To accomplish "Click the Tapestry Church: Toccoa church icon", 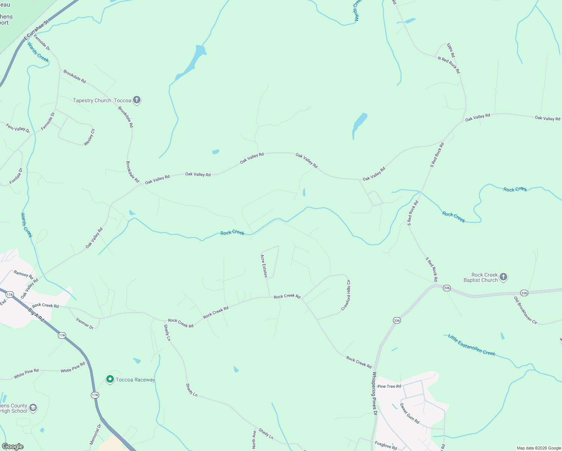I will point(137,100).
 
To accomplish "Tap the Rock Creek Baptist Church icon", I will point(503,277).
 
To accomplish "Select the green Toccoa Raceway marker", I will point(110,380).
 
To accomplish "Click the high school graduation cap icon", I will point(33,408).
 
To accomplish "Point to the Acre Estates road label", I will point(264,266).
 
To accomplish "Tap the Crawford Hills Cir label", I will point(346,295).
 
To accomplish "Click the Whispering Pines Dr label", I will point(374,393).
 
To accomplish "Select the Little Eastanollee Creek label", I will point(471,345).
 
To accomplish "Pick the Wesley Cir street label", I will point(89,137).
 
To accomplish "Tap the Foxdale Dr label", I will point(16,176).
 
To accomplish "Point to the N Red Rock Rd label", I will point(449,65).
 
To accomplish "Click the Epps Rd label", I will point(451,50).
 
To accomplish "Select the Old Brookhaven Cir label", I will point(526,310).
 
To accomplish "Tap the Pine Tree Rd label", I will point(389,386).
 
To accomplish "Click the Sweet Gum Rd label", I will point(409,413).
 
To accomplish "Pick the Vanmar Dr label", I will point(85,324).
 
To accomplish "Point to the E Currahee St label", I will point(36,30).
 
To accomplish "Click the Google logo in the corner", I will point(13,446).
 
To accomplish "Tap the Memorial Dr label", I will point(95,434).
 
